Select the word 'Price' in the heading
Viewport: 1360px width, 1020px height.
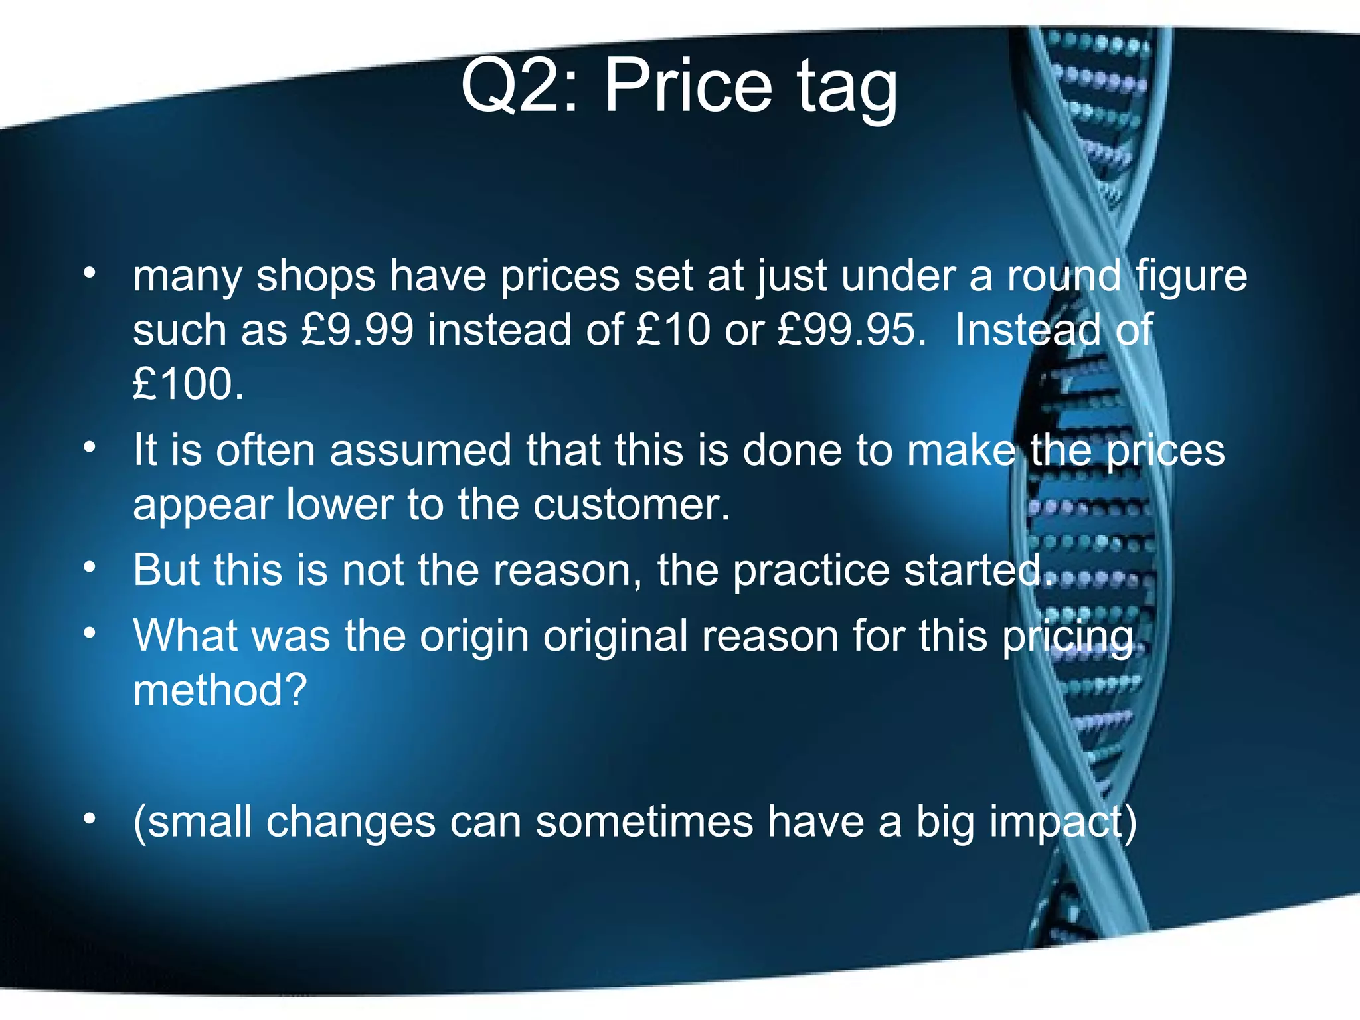click(688, 86)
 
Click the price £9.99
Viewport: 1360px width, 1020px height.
click(357, 329)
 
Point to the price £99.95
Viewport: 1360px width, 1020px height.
click(851, 329)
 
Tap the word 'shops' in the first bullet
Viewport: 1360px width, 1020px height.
click(315, 276)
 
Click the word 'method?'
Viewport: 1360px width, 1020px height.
click(220, 691)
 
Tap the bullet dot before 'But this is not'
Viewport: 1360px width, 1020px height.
click(90, 568)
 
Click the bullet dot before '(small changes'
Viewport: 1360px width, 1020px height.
click(90, 819)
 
